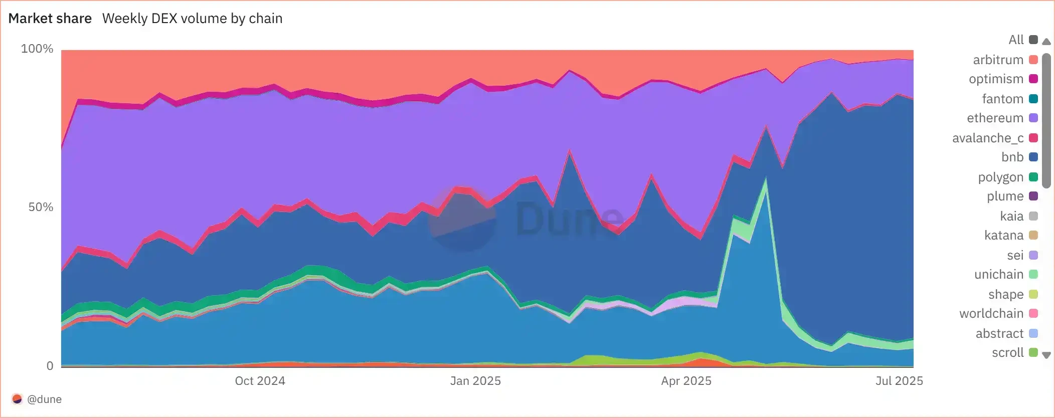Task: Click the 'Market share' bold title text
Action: pos(50,19)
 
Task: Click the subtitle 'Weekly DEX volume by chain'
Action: pos(192,19)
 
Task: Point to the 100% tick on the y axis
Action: pos(37,49)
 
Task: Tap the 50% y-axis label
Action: pos(41,207)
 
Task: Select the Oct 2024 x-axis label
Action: pos(260,381)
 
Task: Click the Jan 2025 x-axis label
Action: pos(475,381)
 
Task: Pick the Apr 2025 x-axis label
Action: pos(686,381)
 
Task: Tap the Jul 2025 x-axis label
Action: pos(899,381)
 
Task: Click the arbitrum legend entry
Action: pos(998,60)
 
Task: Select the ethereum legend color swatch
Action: pos(1033,118)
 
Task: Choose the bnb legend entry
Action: pos(1012,157)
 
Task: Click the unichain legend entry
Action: pos(999,274)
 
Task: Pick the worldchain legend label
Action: pos(991,313)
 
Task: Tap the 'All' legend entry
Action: pos(1016,40)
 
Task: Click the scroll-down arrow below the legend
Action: pos(1046,355)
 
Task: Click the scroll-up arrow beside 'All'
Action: pos(1046,42)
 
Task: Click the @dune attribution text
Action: pos(44,399)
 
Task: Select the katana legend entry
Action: pos(1004,235)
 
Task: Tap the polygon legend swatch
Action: pos(1033,177)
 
